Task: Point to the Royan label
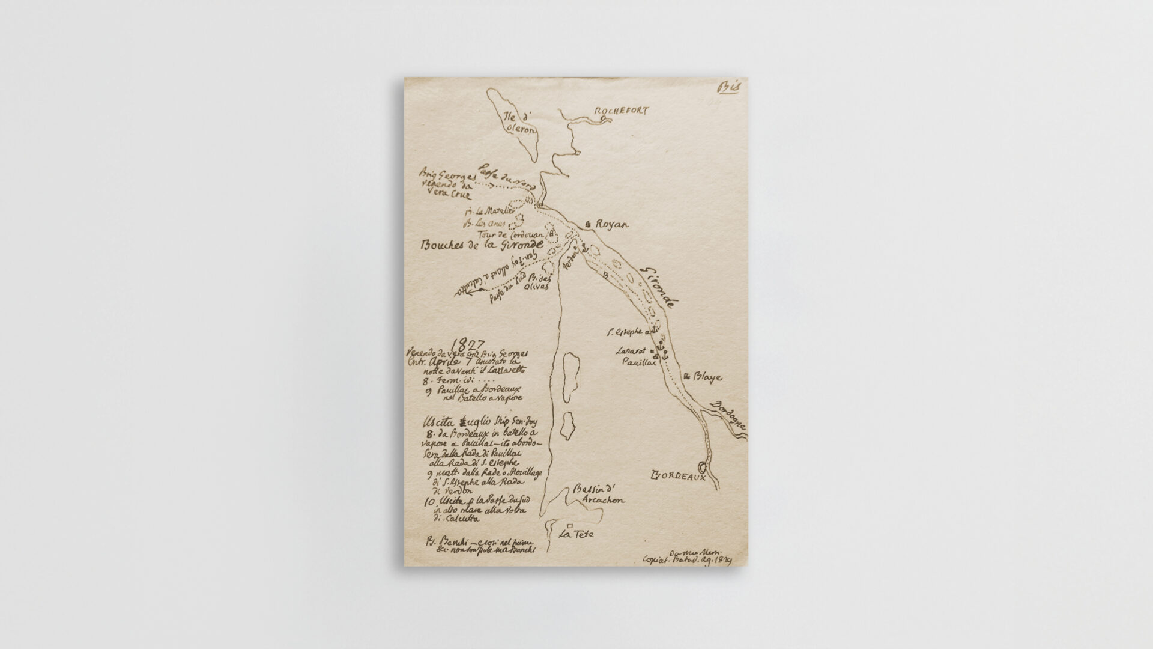pyautogui.click(x=611, y=225)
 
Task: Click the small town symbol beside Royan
pyautogui.click(x=589, y=224)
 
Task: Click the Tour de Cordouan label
pyautogui.click(x=510, y=234)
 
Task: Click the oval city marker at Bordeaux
pyautogui.click(x=701, y=466)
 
